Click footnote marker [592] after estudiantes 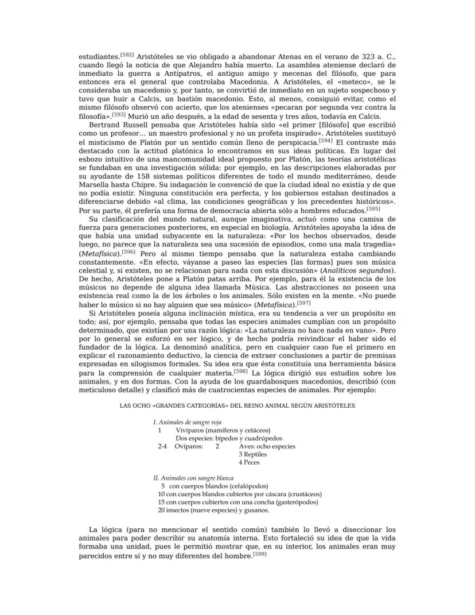click(127, 55)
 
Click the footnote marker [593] click(119, 114)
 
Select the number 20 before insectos click(161, 510)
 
